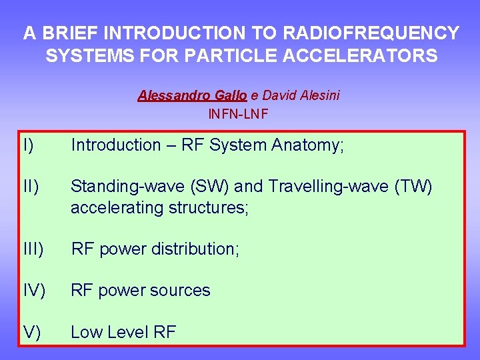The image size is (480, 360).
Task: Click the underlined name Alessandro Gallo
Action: tap(192, 95)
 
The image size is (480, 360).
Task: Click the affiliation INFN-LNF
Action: tap(239, 113)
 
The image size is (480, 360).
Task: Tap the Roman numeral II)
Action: tap(30, 187)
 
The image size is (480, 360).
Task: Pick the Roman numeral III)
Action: tap(33, 249)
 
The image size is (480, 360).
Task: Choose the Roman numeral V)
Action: tap(30, 333)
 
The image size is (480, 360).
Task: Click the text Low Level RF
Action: tap(123, 333)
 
